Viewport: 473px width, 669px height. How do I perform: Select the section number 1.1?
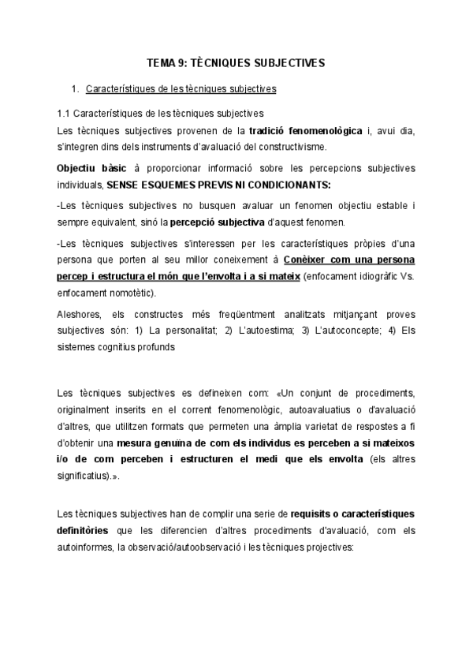point(65,113)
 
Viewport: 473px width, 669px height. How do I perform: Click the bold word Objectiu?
point(78,168)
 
